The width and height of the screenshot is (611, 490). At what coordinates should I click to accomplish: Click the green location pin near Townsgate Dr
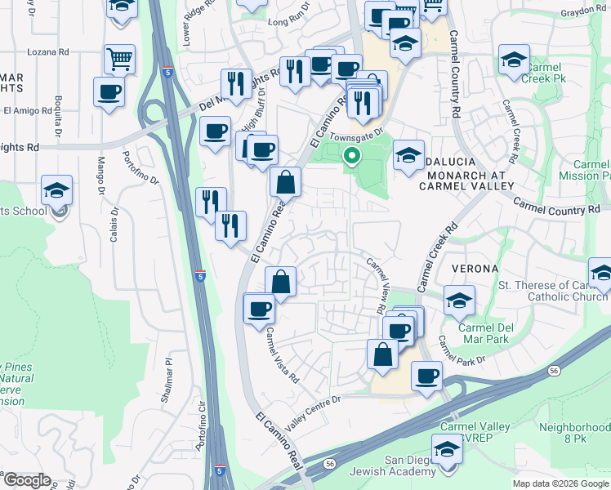(353, 154)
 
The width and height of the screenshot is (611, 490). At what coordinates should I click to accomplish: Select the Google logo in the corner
(27, 480)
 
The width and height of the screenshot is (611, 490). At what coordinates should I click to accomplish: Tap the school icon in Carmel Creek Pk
(513, 60)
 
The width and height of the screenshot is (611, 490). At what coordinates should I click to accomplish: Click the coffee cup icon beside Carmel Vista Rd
(260, 309)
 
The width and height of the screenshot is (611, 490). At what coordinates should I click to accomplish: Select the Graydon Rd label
(584, 13)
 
